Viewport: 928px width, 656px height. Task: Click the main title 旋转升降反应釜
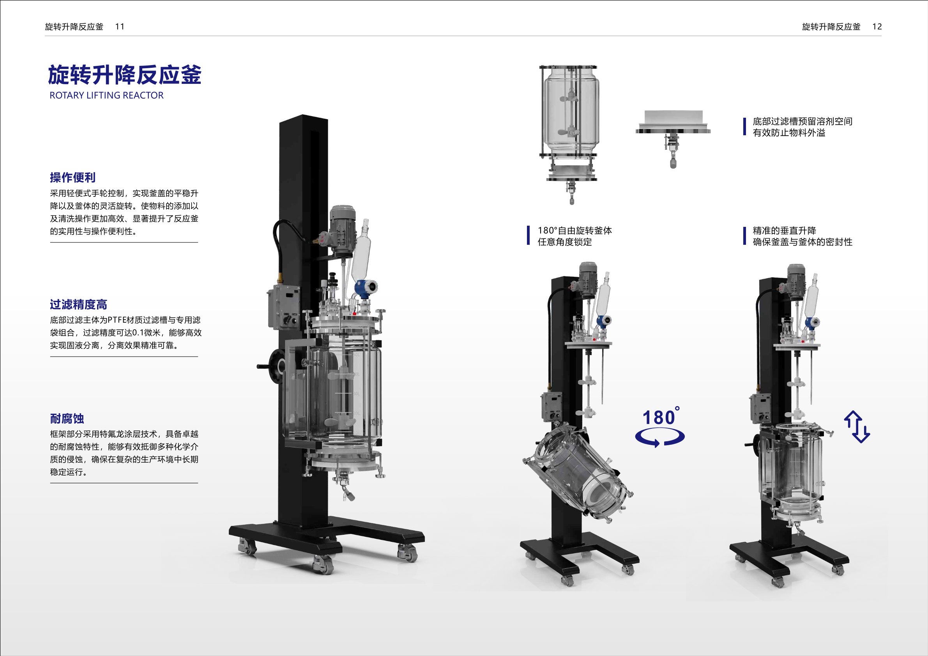pos(124,75)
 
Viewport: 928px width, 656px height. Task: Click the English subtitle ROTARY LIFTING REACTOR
pos(107,95)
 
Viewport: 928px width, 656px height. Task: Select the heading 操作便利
pos(73,177)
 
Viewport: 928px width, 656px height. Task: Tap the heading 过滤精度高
pos(78,304)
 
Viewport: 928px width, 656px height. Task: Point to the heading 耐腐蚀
pos(67,418)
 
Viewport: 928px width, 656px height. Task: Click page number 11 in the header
pos(120,27)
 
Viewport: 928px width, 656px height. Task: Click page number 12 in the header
pos(877,27)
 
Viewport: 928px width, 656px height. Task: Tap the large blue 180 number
pos(659,417)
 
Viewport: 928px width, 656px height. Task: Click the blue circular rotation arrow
pos(660,438)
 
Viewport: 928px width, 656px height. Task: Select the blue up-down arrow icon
pos(856,427)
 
